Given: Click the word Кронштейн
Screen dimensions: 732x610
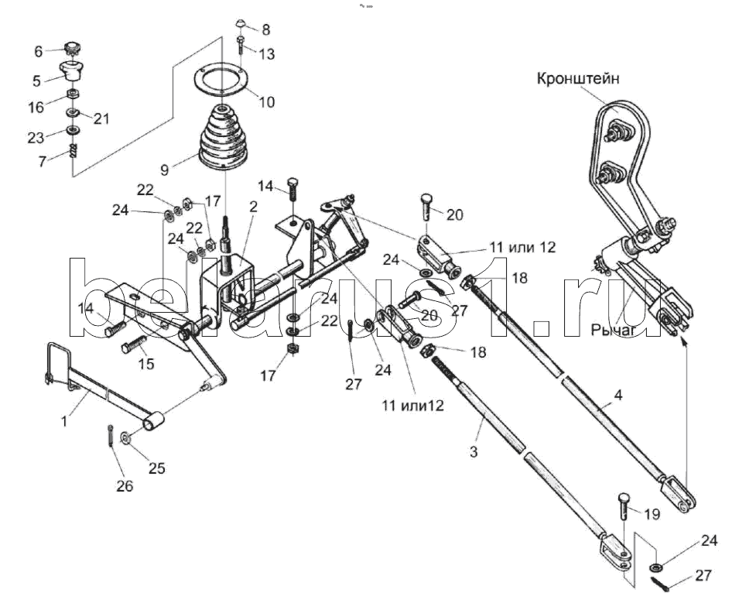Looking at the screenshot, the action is pos(578,78).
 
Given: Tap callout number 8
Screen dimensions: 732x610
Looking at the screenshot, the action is pos(265,30).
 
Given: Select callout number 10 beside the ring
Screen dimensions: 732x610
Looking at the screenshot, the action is pos(266,102).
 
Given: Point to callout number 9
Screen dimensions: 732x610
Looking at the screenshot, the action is pos(164,170).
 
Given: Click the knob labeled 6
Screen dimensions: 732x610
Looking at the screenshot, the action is pos(73,47).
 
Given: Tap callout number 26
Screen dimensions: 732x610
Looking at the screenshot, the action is pos(125,486).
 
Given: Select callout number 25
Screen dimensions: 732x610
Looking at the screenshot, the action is pos(156,468).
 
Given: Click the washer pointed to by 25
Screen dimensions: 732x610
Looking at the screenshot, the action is pos(126,437).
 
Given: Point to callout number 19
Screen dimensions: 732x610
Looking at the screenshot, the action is pos(652,514).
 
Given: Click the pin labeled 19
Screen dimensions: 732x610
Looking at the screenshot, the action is pos(624,505).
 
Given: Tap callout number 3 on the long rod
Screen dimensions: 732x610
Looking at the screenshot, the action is pos(474,451).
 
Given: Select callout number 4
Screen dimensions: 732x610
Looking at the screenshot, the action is pos(618,395).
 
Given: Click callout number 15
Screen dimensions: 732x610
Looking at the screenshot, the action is pos(146,363).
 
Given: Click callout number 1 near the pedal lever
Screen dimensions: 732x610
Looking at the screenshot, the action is pos(64,421).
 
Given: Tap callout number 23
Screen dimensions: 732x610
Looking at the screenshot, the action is pos(36,137).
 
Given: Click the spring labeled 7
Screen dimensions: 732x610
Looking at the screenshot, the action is pos(73,151).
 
